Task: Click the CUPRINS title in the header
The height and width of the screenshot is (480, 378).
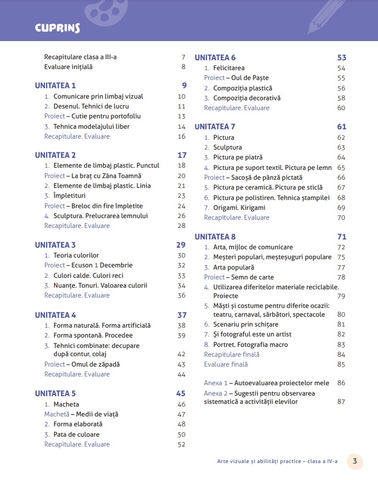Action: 58,27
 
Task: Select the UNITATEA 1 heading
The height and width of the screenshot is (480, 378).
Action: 55,85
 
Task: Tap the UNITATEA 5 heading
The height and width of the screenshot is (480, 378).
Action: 55,393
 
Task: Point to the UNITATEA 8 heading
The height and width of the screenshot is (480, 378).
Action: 215,237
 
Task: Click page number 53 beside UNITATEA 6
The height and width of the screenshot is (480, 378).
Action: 341,58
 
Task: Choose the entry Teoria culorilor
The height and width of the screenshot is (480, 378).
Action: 76,255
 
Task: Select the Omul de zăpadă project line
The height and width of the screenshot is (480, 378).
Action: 82,364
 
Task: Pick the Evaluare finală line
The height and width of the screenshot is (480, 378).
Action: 226,364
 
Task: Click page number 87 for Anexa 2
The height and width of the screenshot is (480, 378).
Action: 341,402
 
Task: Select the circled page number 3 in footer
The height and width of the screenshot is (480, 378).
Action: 355,461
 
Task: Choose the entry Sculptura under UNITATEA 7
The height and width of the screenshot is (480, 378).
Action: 227,147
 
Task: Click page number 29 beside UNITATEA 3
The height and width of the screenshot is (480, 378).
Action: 181,245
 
